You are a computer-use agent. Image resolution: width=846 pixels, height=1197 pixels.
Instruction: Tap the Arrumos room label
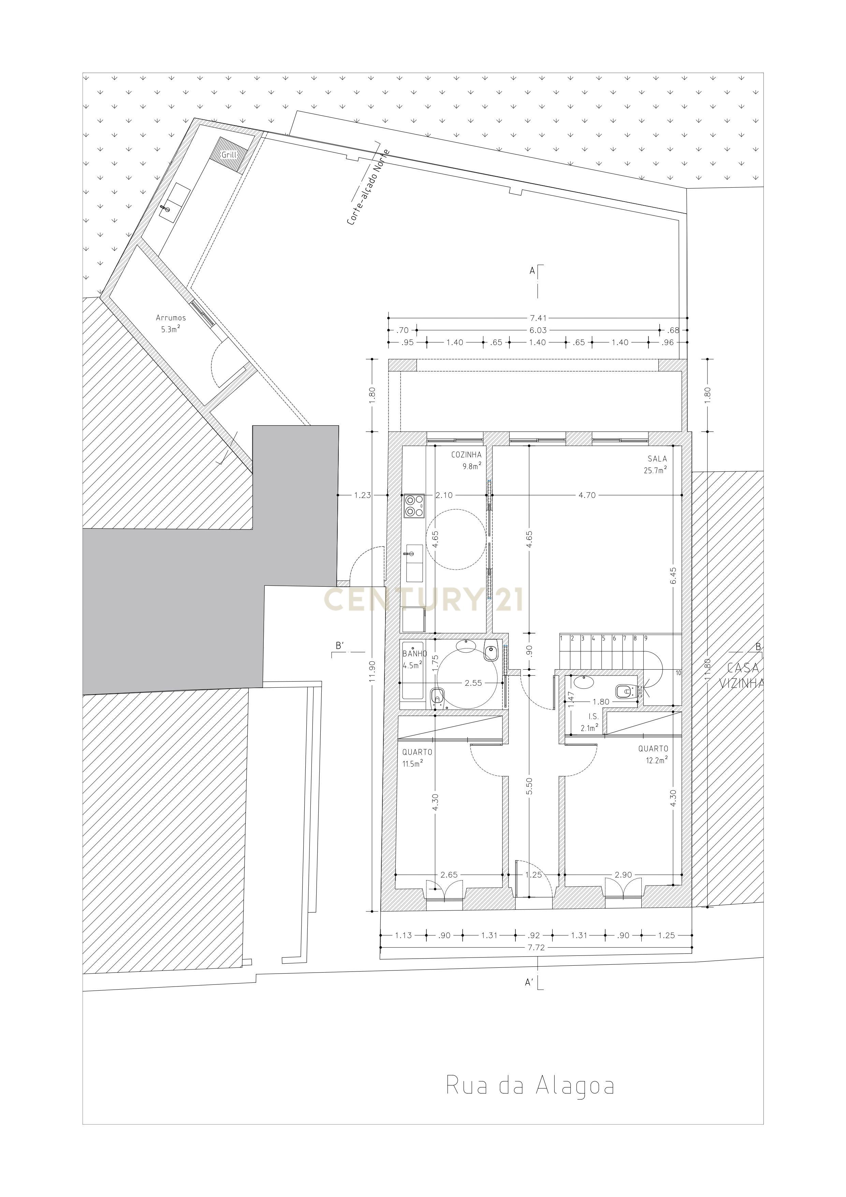pos(171,318)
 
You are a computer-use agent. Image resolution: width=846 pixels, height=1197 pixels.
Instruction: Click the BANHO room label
pos(414,654)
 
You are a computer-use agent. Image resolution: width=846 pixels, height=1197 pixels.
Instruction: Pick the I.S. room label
pos(594,716)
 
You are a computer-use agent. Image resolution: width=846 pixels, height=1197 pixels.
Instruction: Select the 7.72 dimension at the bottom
pos(536,947)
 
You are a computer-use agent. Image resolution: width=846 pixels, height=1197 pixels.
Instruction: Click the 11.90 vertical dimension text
pos(371,671)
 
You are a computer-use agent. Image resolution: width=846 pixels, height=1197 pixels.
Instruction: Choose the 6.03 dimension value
pos(538,330)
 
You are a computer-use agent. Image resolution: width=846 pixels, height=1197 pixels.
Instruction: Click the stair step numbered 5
pos(603,638)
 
